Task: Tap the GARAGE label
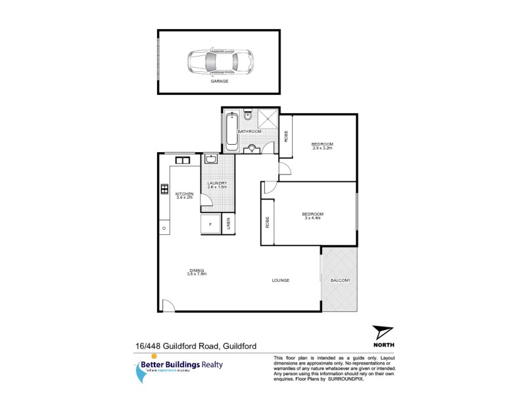click(x=219, y=82)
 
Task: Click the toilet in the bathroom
click(x=247, y=117)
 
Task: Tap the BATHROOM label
click(x=250, y=132)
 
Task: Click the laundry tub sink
click(x=211, y=159)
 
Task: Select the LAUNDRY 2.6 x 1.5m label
click(x=217, y=185)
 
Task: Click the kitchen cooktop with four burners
click(x=164, y=190)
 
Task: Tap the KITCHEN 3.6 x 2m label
click(x=183, y=195)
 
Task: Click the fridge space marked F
click(x=210, y=224)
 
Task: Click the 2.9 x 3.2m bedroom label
click(x=322, y=146)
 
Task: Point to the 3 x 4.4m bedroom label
click(x=312, y=216)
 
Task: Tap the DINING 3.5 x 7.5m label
click(x=197, y=272)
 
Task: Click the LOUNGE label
click(x=281, y=280)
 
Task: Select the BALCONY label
click(x=341, y=280)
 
